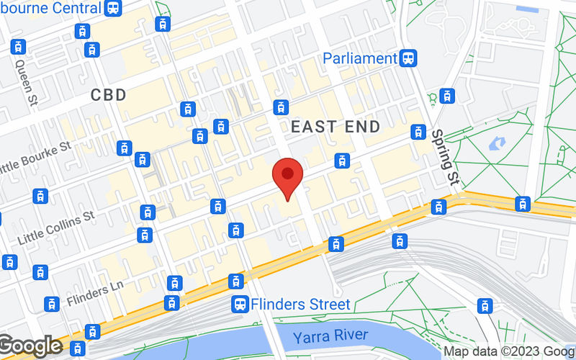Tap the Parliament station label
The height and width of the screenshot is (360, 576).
tap(360, 58)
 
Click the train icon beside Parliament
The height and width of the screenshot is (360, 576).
tap(410, 58)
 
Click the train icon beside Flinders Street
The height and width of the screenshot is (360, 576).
tap(239, 305)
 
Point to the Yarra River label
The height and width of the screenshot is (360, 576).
tap(331, 336)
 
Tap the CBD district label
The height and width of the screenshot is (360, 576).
tap(109, 94)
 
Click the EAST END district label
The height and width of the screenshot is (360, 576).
tap(336, 127)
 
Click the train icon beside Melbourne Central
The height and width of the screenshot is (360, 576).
tap(112, 8)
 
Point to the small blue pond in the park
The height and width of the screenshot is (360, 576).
tap(497, 143)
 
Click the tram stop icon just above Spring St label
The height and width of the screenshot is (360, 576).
tap(418, 132)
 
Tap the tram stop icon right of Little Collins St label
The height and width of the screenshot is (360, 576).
tap(148, 212)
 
